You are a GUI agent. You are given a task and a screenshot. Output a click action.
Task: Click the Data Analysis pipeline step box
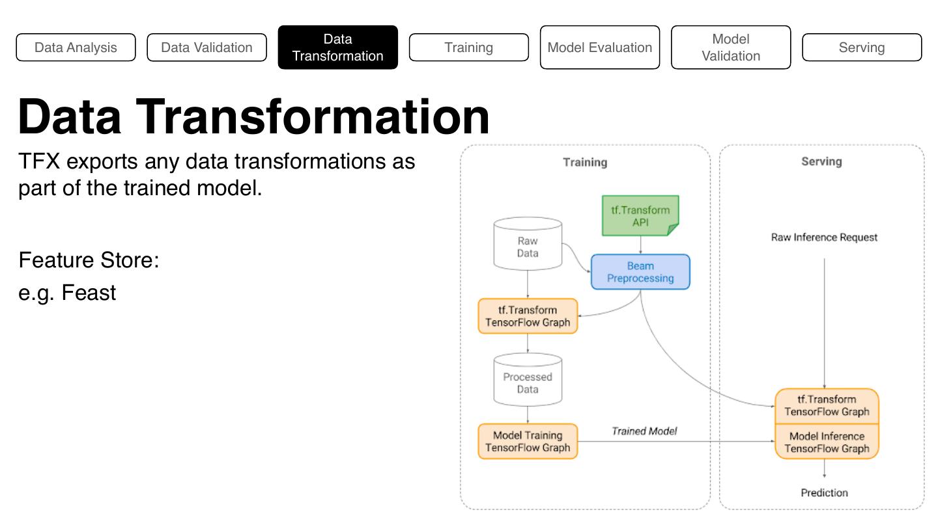click(x=76, y=47)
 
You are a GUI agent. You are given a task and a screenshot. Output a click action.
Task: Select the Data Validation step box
click(x=206, y=47)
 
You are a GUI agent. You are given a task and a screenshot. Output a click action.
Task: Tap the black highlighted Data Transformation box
click(x=337, y=47)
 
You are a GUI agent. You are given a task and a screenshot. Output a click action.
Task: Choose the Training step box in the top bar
click(x=468, y=47)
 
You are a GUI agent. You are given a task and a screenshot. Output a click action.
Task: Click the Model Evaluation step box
click(x=599, y=47)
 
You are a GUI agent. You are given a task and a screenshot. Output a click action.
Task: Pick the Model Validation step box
click(x=730, y=47)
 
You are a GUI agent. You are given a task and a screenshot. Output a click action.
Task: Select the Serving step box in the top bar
click(x=861, y=47)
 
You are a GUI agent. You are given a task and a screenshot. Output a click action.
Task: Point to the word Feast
click(x=89, y=293)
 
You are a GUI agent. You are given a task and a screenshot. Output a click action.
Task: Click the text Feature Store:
click(x=89, y=260)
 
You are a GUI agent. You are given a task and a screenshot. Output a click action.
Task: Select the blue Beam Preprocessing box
click(x=640, y=272)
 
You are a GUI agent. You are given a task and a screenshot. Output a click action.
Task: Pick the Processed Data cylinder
click(x=528, y=381)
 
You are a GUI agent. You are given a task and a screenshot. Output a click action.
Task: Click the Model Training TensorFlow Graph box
click(x=528, y=442)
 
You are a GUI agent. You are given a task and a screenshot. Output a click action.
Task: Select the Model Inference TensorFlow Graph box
click(x=827, y=442)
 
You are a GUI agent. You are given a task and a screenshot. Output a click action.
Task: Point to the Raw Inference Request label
click(x=824, y=237)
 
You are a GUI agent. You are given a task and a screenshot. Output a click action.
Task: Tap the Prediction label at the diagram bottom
click(x=824, y=493)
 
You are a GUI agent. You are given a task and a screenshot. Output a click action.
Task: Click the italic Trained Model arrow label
click(x=644, y=431)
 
